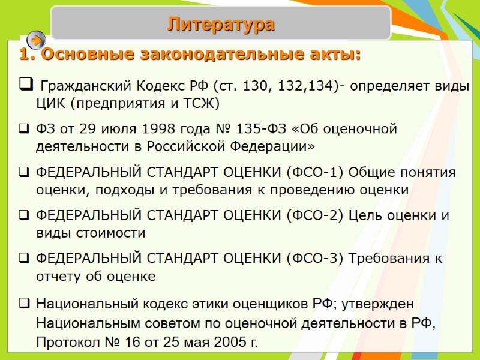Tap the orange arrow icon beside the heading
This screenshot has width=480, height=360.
coord(36,40)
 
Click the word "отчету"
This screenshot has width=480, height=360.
coord(57,276)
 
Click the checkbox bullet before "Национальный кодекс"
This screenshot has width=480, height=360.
coord(23,304)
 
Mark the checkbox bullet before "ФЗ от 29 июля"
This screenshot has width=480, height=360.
coord(23,129)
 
